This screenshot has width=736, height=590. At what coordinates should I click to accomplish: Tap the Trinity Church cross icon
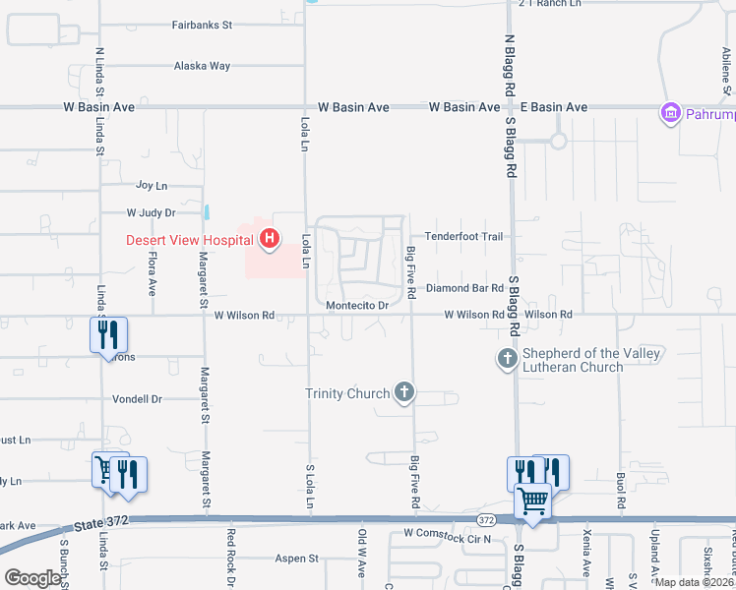point(402,393)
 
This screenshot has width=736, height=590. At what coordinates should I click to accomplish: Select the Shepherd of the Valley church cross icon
point(507,359)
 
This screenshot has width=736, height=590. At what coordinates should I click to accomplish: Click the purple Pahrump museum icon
point(672,114)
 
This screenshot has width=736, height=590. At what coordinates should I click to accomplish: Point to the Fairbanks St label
point(202,24)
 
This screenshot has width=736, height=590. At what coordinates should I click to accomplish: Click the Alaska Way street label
point(202,66)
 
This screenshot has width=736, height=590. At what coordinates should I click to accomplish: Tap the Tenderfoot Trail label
point(463,237)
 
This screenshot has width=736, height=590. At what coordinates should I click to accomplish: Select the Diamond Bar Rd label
point(464,289)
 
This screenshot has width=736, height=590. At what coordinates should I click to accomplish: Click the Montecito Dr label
point(358,306)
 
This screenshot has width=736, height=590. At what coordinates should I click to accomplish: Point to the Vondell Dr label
point(137,399)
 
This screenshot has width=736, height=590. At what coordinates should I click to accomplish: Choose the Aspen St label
point(300,558)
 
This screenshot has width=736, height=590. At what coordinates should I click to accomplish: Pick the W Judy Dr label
point(151,212)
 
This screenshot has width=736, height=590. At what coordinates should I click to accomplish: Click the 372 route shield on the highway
point(486,519)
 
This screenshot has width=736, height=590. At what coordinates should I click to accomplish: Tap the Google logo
point(32,578)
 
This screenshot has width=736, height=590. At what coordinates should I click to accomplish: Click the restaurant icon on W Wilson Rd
point(108,334)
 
